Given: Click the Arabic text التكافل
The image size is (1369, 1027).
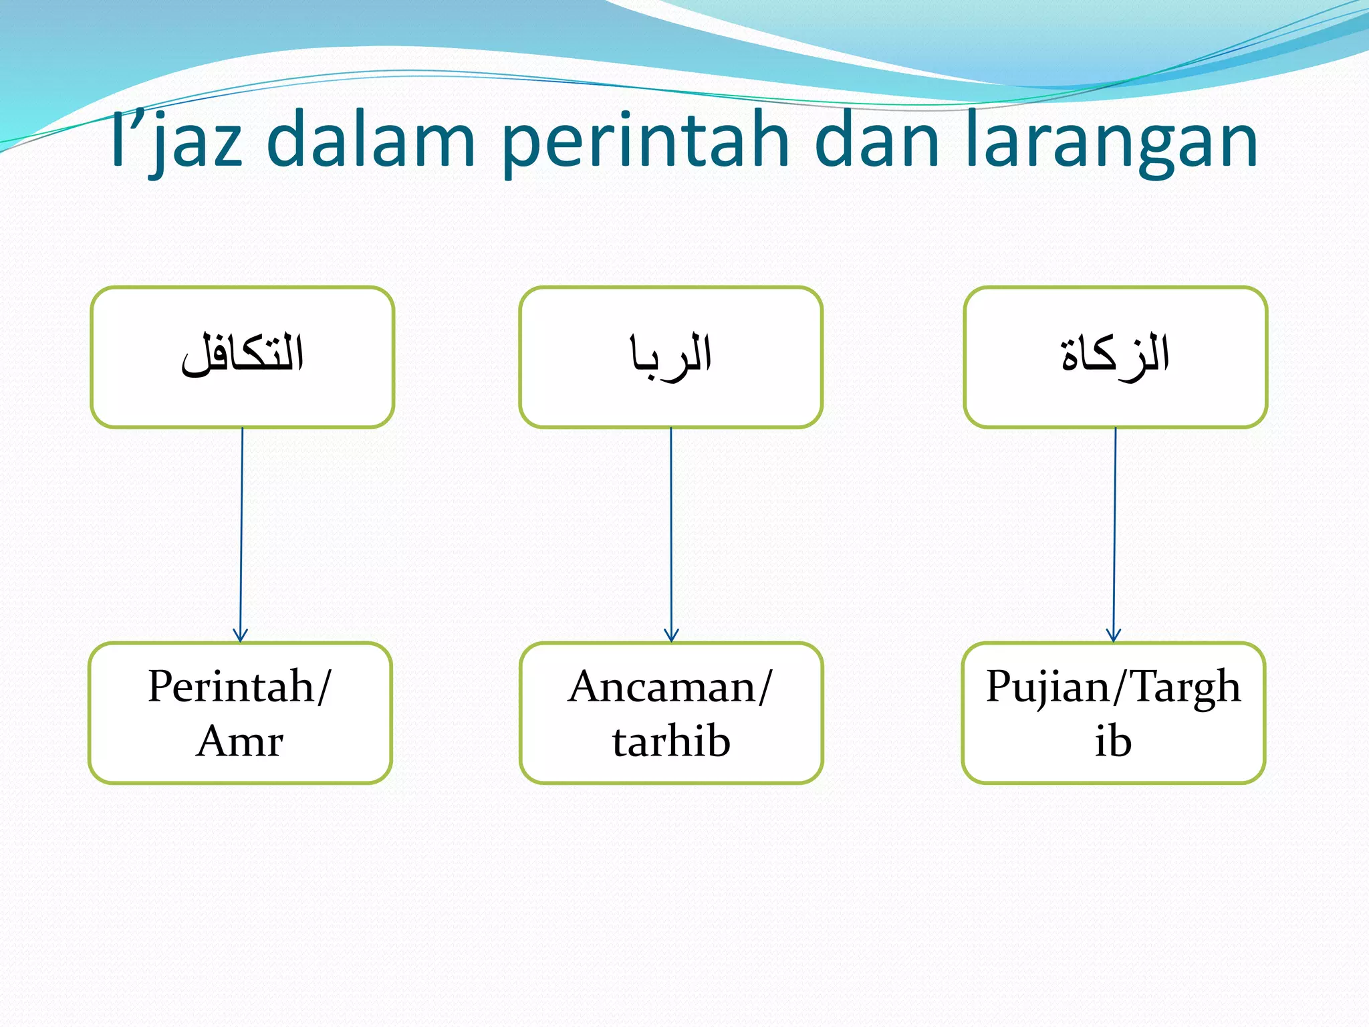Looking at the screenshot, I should click(x=242, y=355).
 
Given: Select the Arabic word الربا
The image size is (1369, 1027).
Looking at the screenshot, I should click(x=670, y=355).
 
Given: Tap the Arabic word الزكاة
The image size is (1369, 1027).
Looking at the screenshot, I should click(x=1115, y=355).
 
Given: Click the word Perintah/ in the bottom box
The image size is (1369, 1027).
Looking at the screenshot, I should click(x=239, y=686).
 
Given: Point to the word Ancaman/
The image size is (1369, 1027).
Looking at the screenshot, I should click(x=670, y=686).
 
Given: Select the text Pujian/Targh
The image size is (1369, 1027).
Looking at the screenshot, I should click(x=1113, y=686).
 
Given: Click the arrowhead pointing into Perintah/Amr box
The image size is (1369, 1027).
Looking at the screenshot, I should click(x=241, y=636).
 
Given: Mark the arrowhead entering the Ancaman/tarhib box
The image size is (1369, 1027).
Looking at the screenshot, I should click(x=672, y=636).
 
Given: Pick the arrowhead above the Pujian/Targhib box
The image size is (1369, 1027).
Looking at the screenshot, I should click(x=1114, y=636).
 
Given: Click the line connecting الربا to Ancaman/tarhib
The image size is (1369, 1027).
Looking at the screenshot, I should click(x=671, y=528).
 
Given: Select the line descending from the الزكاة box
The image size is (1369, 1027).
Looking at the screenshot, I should click(x=1114, y=528).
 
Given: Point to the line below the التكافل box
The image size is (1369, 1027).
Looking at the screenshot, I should click(x=241, y=528).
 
